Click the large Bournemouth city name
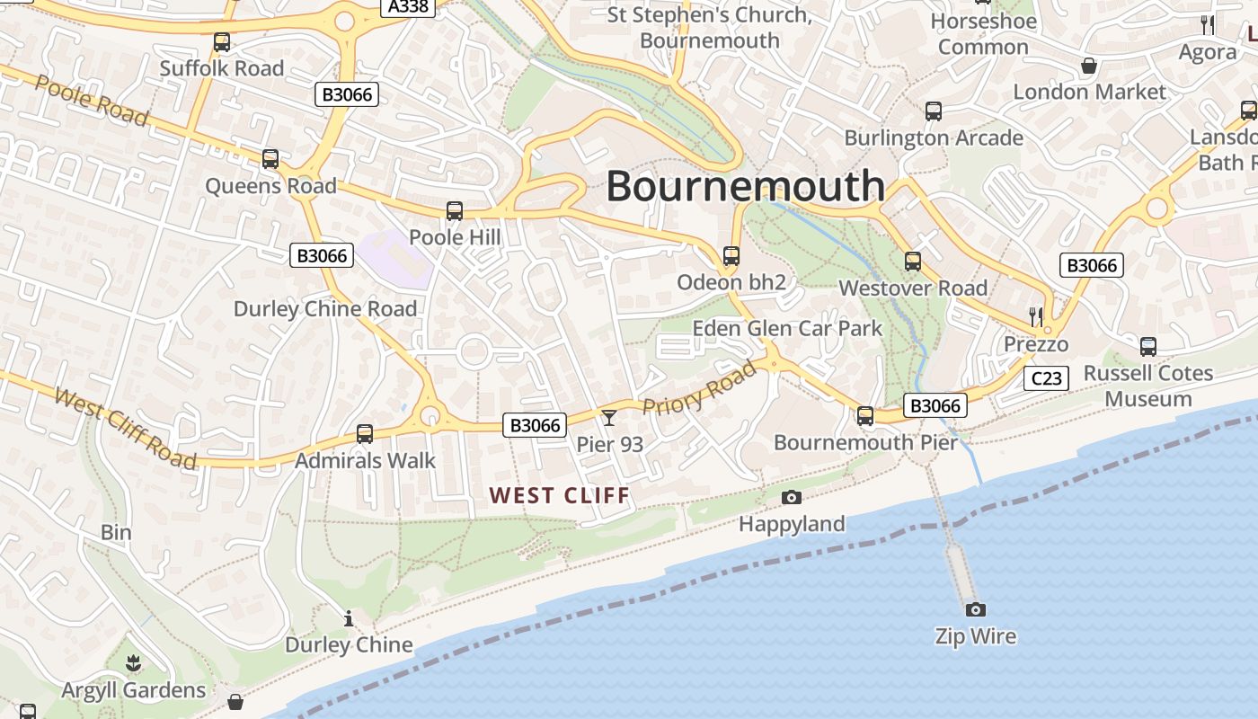point(745,186)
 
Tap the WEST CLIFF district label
point(560,494)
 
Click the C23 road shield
point(1046,378)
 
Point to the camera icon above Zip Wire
point(975,609)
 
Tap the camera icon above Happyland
point(792,497)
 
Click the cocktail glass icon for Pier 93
point(609,417)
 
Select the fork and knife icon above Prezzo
point(1036,316)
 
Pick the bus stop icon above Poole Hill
point(455,211)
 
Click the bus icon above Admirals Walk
point(365,434)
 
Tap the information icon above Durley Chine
point(349,618)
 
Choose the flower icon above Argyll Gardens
point(134,664)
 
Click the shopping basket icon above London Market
point(1089,66)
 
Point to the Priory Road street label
point(700,388)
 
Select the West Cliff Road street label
point(125,428)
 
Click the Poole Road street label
point(92,99)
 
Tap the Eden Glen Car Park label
point(787,328)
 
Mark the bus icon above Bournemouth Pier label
point(865,416)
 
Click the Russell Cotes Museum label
point(1148,386)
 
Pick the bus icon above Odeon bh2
point(731,256)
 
